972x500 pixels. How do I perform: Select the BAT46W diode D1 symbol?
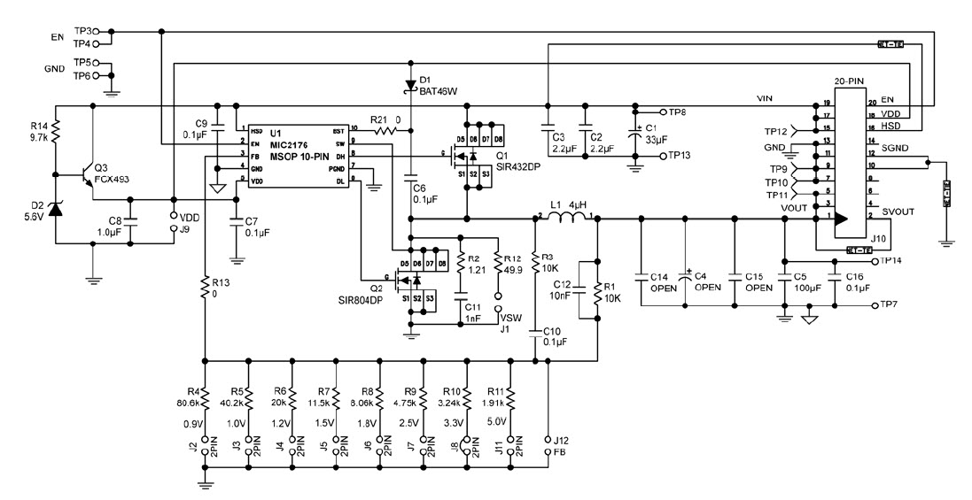(409, 85)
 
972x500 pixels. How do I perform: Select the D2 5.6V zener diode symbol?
(55, 209)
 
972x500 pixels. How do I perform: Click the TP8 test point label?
(678, 112)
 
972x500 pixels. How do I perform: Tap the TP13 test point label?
(680, 155)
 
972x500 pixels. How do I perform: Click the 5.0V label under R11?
(500, 423)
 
